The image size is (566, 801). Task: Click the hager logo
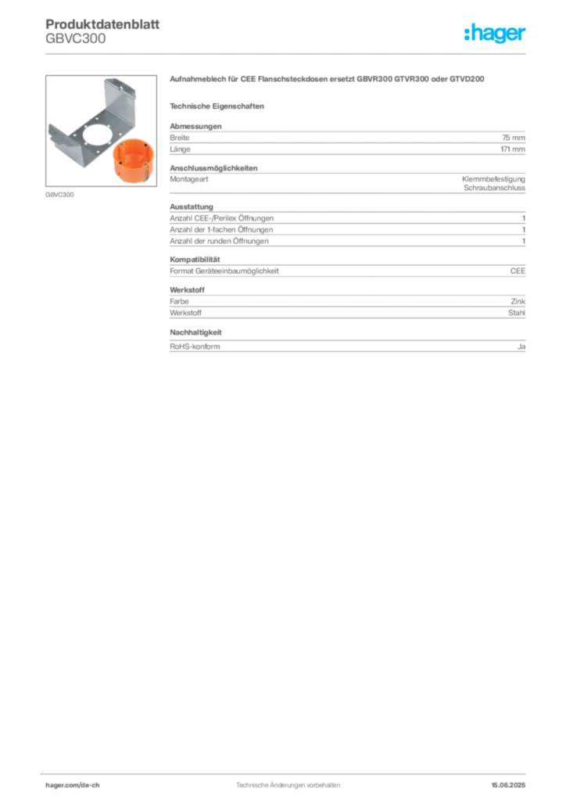[x=495, y=33]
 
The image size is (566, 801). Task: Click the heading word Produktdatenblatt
[x=102, y=24]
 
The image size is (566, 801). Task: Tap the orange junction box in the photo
[x=133, y=160]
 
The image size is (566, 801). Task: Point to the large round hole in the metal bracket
[x=100, y=134]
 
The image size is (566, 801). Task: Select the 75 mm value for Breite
[x=514, y=138]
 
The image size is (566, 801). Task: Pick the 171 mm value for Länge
[x=513, y=149]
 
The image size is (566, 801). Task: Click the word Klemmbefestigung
[x=493, y=179]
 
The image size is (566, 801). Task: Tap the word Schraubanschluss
[x=494, y=188]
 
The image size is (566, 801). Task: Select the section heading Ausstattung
[x=192, y=207]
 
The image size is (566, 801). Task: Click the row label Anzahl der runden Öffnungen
[x=220, y=241]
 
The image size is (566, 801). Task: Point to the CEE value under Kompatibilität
[x=518, y=271]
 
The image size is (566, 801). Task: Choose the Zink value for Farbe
[x=518, y=301]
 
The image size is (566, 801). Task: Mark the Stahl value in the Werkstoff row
[x=517, y=313]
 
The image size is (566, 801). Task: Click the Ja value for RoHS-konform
[x=521, y=347]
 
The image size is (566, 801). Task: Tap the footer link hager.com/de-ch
[x=73, y=785]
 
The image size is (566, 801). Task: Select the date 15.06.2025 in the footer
[x=508, y=785]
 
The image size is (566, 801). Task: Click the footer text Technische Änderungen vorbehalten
[x=288, y=785]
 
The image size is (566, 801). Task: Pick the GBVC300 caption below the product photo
[x=59, y=195]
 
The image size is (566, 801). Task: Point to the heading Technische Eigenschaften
[x=217, y=106]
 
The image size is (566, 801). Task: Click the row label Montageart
[x=189, y=179]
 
